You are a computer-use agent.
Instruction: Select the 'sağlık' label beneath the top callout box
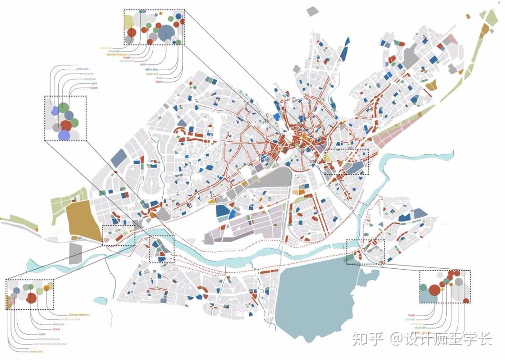[x=143, y=64]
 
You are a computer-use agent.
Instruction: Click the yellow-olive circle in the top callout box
[x=128, y=21]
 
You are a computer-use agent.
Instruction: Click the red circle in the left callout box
[x=66, y=125]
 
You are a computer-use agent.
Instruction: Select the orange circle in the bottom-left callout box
[x=46, y=288]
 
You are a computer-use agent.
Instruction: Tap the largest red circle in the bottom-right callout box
[x=434, y=290]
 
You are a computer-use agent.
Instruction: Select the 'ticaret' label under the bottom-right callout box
[x=411, y=316]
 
